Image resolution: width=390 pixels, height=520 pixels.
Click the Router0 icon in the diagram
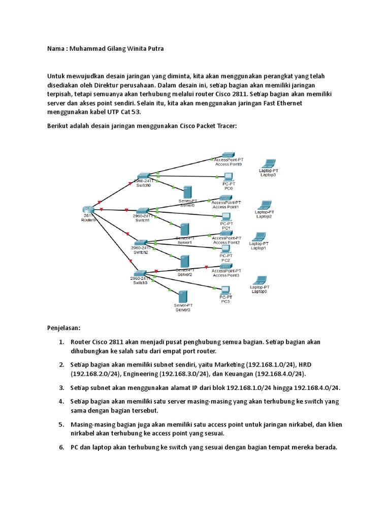(88, 210)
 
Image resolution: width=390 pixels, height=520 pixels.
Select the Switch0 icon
(143, 176)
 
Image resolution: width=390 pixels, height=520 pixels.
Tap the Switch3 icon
(140, 272)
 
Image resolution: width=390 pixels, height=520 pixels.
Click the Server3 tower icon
(183, 297)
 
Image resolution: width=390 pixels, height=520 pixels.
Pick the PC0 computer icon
(228, 177)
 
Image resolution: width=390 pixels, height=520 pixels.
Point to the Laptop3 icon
(267, 164)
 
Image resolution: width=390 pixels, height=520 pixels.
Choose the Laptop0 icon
(259, 281)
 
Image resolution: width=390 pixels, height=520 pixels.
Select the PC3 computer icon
(225, 291)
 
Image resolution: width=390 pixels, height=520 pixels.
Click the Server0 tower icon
(187, 192)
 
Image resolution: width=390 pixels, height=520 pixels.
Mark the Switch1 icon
(142, 210)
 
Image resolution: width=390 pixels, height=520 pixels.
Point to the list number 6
(61, 447)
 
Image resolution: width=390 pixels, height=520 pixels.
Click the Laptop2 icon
(265, 205)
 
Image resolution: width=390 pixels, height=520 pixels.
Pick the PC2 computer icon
(225, 249)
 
